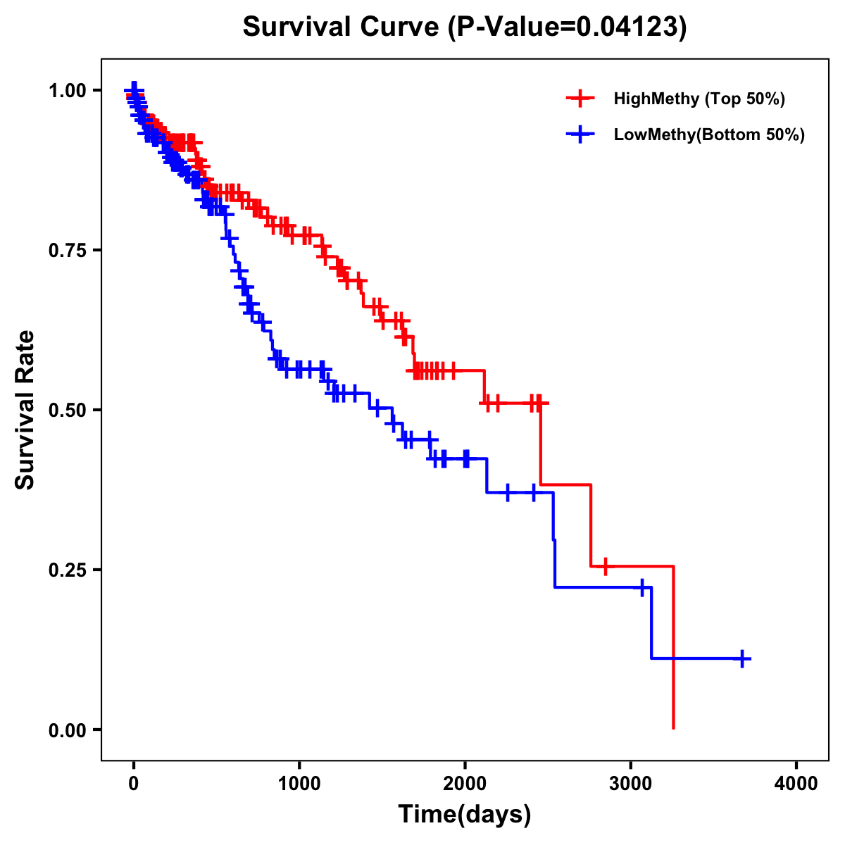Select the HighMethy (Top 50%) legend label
coord(699,99)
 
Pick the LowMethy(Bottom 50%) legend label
coord(708,134)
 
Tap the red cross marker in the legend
coord(580,99)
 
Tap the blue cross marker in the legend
coord(580,134)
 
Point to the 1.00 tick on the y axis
coord(68,90)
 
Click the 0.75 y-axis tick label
coord(68,250)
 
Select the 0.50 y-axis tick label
coord(68,410)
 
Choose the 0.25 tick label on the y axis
coord(68,570)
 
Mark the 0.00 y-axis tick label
coord(68,730)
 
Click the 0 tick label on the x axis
coord(134,783)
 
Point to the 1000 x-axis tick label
coord(299,783)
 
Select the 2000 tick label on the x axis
coord(465,783)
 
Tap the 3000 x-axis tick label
coord(631,783)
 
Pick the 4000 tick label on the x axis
coord(796,783)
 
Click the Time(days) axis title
coord(465,815)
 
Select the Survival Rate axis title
coord(25,410)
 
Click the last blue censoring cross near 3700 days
coord(741,658)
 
